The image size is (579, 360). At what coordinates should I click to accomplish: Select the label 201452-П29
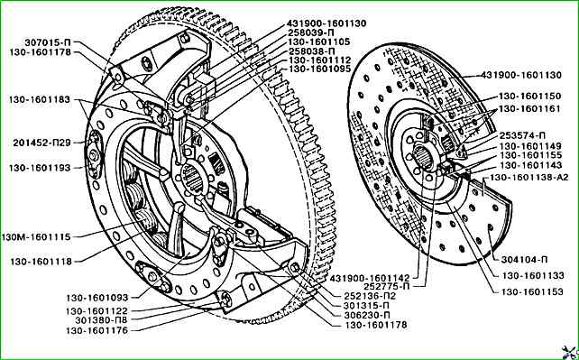(x=41, y=143)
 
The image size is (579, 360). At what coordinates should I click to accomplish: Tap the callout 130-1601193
(x=40, y=168)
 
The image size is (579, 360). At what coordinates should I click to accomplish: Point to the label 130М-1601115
(x=35, y=236)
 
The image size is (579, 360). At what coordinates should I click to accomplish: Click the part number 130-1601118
(x=41, y=262)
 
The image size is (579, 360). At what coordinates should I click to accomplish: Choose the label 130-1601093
(x=97, y=297)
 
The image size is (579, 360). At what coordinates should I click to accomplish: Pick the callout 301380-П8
(x=102, y=320)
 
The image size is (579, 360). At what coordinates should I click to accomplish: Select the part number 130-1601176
(x=97, y=330)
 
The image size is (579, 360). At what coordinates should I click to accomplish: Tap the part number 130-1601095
(x=320, y=69)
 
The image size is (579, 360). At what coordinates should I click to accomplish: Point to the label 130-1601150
(x=530, y=96)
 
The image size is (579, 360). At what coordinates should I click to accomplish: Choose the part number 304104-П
(x=524, y=260)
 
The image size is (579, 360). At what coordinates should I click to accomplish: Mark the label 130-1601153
(x=532, y=291)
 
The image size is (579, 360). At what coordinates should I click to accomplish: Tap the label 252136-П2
(x=367, y=296)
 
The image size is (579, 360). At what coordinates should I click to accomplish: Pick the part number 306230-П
(x=367, y=315)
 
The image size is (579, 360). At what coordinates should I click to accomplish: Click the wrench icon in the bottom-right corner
(x=569, y=351)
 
